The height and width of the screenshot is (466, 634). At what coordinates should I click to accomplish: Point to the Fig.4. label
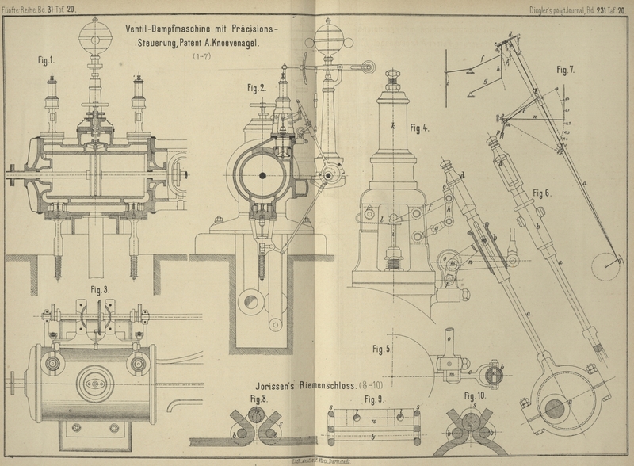[x=419, y=127]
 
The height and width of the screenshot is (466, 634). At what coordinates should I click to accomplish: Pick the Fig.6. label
[x=544, y=193]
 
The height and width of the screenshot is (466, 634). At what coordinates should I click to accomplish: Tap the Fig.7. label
[x=565, y=69]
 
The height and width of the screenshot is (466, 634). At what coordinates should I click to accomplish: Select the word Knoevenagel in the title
[x=240, y=41]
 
